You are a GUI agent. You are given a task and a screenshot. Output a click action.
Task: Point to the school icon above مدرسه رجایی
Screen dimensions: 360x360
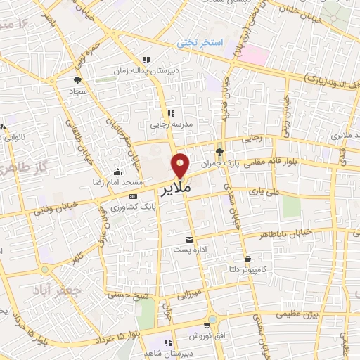[170, 112]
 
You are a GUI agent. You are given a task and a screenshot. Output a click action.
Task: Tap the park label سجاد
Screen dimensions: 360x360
[77, 91]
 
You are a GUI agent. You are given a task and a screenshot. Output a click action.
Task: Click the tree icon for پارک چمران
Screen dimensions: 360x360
[221, 151]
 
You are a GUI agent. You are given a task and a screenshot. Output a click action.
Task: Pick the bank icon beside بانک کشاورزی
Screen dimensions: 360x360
[134, 197]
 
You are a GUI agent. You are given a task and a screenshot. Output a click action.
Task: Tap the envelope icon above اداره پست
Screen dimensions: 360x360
[188, 240]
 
